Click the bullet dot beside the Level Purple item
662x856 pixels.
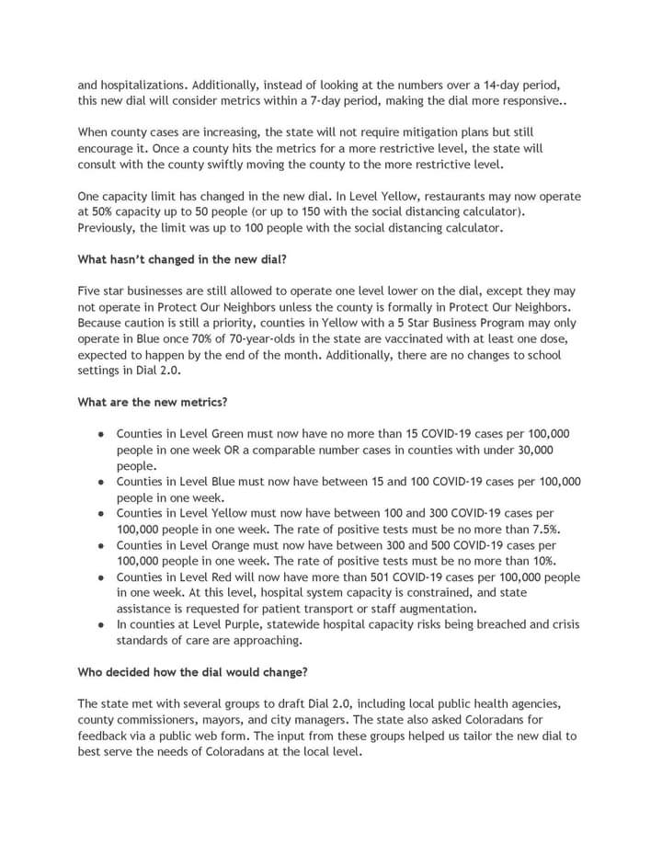(x=99, y=625)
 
